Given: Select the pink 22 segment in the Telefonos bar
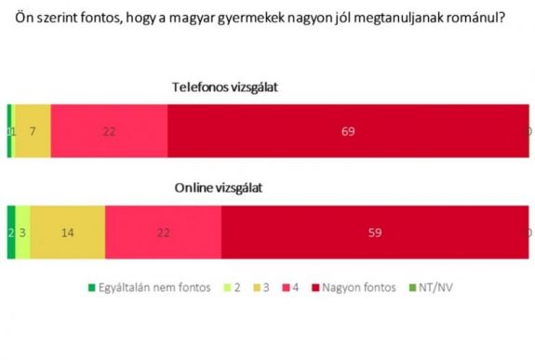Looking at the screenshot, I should pyautogui.click(x=109, y=132).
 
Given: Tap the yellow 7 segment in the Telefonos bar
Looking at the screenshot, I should pyautogui.click(x=33, y=132).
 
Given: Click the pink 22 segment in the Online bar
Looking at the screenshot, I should pyautogui.click(x=163, y=233).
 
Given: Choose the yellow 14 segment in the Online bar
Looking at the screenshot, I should pyautogui.click(x=67, y=233).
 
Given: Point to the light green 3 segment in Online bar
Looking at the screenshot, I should pyautogui.click(x=23, y=233).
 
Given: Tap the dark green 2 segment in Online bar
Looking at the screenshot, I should pyautogui.click(x=11, y=233).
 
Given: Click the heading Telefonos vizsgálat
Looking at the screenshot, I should pyautogui.click(x=225, y=87).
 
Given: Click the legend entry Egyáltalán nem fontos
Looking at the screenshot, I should pyautogui.click(x=152, y=287).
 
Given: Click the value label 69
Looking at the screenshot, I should pyautogui.click(x=348, y=132).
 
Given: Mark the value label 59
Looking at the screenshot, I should pyautogui.click(x=374, y=233).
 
